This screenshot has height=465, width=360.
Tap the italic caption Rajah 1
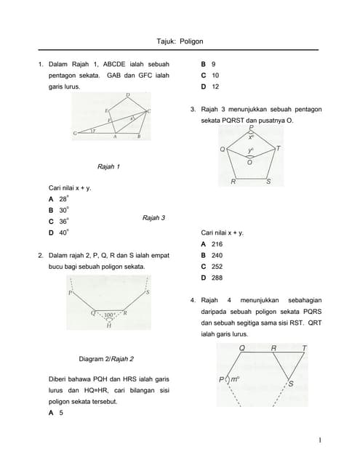coord(108,166)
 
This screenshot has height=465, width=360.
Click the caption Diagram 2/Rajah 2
coord(105,358)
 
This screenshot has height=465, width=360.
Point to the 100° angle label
coord(110,315)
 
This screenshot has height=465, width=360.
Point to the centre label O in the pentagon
coord(250,163)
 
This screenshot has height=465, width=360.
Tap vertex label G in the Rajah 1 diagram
coord(75,134)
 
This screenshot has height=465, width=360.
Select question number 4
coord(192,300)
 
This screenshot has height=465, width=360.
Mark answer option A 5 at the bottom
coord(56,413)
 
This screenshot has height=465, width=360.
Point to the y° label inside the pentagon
coord(250,152)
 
